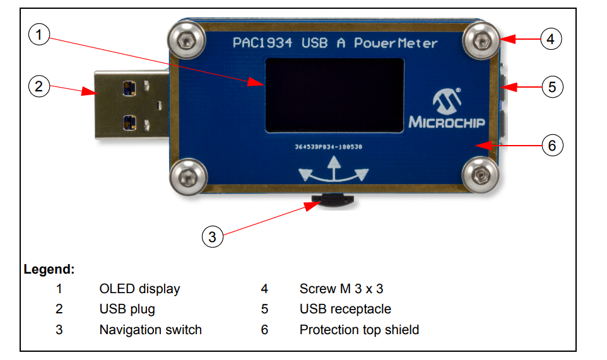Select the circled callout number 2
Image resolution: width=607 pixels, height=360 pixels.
tap(40, 86)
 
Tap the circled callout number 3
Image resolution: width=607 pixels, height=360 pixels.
tap(213, 237)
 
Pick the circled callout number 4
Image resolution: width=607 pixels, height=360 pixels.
tap(551, 39)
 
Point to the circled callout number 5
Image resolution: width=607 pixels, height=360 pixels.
tap(552, 86)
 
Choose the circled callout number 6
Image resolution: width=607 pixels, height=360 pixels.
tap(552, 146)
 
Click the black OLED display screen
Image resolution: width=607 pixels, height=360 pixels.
tap(334, 95)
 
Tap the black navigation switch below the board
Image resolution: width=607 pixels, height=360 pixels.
tap(333, 201)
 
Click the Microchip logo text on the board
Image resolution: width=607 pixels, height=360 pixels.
tap(448, 121)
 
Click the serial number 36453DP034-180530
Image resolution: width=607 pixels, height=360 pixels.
tap(328, 147)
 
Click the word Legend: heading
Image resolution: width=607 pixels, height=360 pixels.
tap(49, 270)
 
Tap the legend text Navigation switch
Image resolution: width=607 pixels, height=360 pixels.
tap(150, 330)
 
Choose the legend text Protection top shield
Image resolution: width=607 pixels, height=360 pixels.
tap(359, 330)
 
